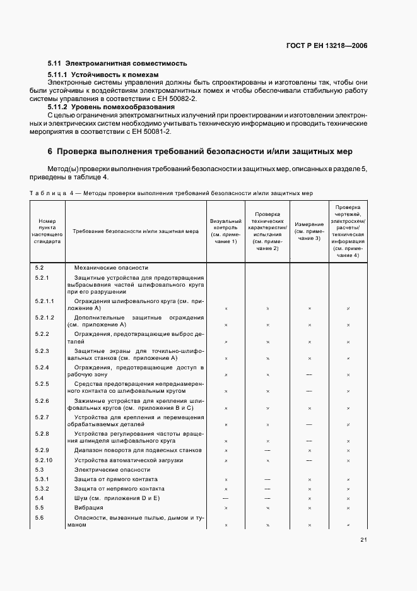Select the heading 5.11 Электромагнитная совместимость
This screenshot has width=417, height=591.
117,64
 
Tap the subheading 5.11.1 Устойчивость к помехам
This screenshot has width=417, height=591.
103,75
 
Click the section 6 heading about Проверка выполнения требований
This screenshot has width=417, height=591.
199,152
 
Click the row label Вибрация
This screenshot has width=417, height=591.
88,508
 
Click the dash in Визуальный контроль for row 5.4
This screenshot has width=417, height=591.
225,498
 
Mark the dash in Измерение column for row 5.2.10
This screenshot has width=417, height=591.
309,460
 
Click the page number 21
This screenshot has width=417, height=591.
364,539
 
